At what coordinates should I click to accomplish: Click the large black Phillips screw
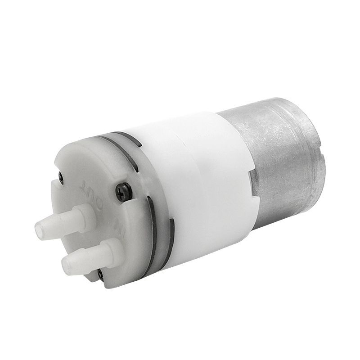click(124, 192)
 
